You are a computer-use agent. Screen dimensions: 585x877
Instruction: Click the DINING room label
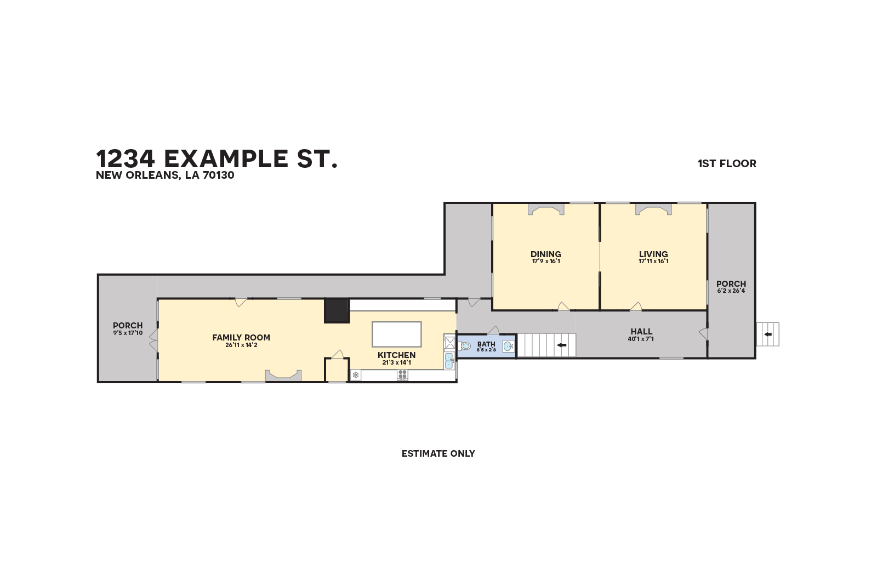(x=545, y=254)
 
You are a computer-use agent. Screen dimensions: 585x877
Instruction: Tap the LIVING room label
(x=653, y=254)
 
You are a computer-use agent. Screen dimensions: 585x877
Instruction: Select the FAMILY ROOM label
(x=241, y=337)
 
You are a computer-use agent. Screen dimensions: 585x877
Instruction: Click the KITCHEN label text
(x=396, y=355)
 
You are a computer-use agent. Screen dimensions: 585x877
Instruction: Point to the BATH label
(x=486, y=344)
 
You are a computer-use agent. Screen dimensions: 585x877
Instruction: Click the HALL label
(x=641, y=331)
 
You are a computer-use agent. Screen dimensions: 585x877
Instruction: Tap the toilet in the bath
(x=465, y=346)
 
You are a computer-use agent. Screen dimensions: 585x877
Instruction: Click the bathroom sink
(x=508, y=346)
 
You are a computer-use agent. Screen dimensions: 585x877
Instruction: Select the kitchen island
(x=396, y=334)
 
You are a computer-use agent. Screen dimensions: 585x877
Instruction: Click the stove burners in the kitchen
(x=402, y=375)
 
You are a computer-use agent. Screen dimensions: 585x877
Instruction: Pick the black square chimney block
(x=337, y=311)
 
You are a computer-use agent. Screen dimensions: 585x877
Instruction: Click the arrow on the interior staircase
(x=561, y=345)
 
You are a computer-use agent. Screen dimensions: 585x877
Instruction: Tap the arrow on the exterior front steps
(x=768, y=334)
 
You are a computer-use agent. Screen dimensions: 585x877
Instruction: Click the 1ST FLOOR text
(x=727, y=163)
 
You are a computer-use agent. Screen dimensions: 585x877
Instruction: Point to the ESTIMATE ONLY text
(x=438, y=453)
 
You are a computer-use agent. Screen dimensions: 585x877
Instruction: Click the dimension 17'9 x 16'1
(x=545, y=262)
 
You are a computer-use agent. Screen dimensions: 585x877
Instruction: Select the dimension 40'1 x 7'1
(x=641, y=339)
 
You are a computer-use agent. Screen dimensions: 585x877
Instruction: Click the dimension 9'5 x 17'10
(x=128, y=333)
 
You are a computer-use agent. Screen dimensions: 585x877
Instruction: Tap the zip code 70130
(x=218, y=175)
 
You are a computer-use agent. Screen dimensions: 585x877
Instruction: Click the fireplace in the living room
(x=653, y=209)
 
